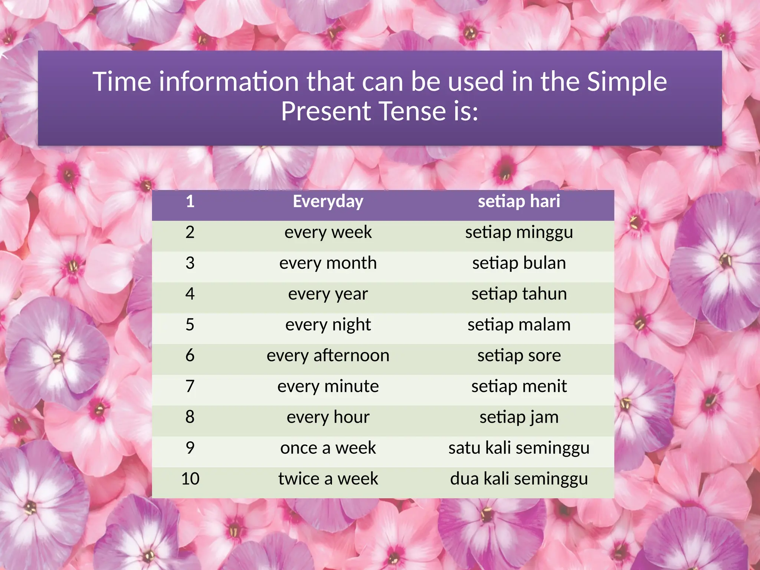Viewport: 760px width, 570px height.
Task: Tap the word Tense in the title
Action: tap(412, 111)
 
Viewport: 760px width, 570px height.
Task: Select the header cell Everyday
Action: tap(328, 202)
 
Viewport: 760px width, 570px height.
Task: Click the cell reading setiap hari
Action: tap(519, 202)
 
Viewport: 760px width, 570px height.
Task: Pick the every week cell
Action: tap(328, 233)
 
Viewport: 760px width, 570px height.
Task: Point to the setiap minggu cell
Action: tap(519, 233)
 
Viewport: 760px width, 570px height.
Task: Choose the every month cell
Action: tap(328, 263)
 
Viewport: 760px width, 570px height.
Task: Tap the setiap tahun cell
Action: tap(519, 294)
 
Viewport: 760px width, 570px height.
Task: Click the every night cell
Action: tap(328, 325)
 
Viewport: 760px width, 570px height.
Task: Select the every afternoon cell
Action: tap(328, 356)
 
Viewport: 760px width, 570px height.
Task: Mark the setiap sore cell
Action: tap(519, 356)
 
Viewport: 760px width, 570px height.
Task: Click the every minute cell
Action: tap(328, 387)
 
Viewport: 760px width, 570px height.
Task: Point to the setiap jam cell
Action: tap(519, 417)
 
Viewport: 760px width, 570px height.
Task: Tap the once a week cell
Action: tap(328, 448)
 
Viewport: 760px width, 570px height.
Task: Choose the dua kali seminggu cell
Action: tap(519, 479)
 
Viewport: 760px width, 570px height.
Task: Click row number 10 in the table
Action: tap(190, 479)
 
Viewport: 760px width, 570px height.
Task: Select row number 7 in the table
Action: tap(190, 387)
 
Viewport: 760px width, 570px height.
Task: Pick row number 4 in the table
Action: tap(190, 294)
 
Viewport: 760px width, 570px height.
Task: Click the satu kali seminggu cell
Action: tap(519, 448)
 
